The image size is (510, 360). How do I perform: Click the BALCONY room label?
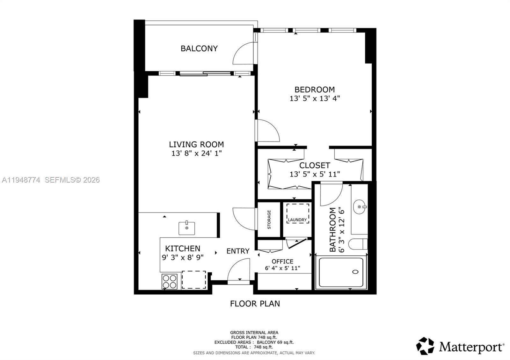[x=199, y=48]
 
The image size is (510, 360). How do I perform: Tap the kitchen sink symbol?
[x=186, y=228]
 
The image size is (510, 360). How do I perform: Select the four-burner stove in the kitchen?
[x=169, y=281]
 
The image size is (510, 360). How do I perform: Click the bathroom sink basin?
[x=360, y=207]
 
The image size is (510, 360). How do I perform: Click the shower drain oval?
[x=355, y=272]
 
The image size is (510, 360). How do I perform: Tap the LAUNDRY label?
[x=297, y=220]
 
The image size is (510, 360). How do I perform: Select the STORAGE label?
[x=269, y=220]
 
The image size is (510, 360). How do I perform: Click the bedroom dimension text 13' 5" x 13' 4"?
[x=315, y=98]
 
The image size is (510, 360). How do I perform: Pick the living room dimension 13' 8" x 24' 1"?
[x=196, y=153]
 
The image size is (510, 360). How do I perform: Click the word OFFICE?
[x=282, y=261]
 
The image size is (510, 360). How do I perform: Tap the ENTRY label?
[x=238, y=251]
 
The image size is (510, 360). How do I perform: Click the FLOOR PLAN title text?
[x=255, y=304]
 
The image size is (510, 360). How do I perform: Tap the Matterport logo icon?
[x=425, y=346]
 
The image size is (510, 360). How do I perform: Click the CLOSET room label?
[x=314, y=165]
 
